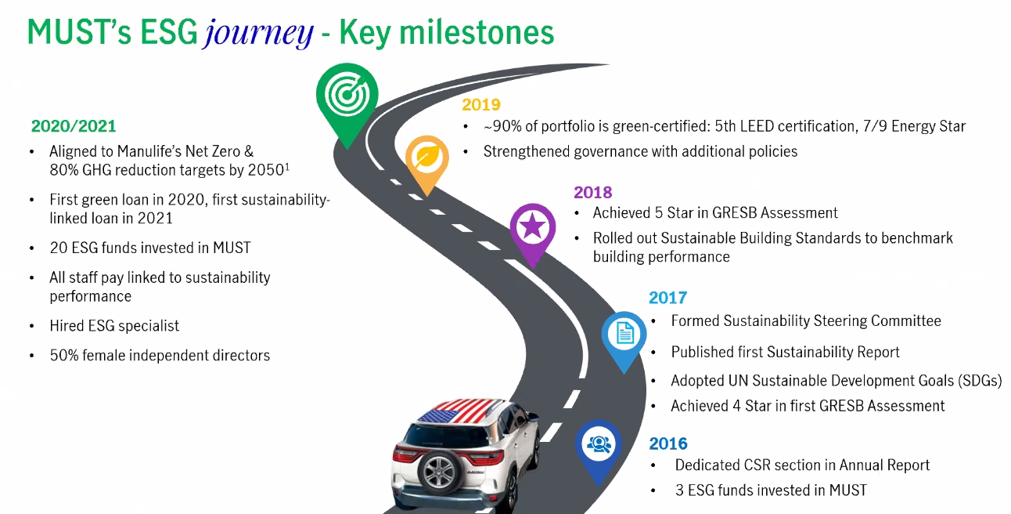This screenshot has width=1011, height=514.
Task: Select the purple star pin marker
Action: (533, 231)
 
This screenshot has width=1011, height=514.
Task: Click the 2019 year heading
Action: (481, 105)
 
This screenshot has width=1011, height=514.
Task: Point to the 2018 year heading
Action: (592, 193)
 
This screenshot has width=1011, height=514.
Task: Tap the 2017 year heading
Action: (668, 298)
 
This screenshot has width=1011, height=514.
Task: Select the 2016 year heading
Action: (668, 444)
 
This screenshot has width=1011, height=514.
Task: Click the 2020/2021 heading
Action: (74, 126)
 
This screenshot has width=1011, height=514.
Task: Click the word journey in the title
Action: (258, 34)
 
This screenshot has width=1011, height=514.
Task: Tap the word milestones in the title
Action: (477, 32)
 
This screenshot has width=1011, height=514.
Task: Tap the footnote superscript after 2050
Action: (287, 167)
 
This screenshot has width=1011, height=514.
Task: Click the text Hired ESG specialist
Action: (114, 326)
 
